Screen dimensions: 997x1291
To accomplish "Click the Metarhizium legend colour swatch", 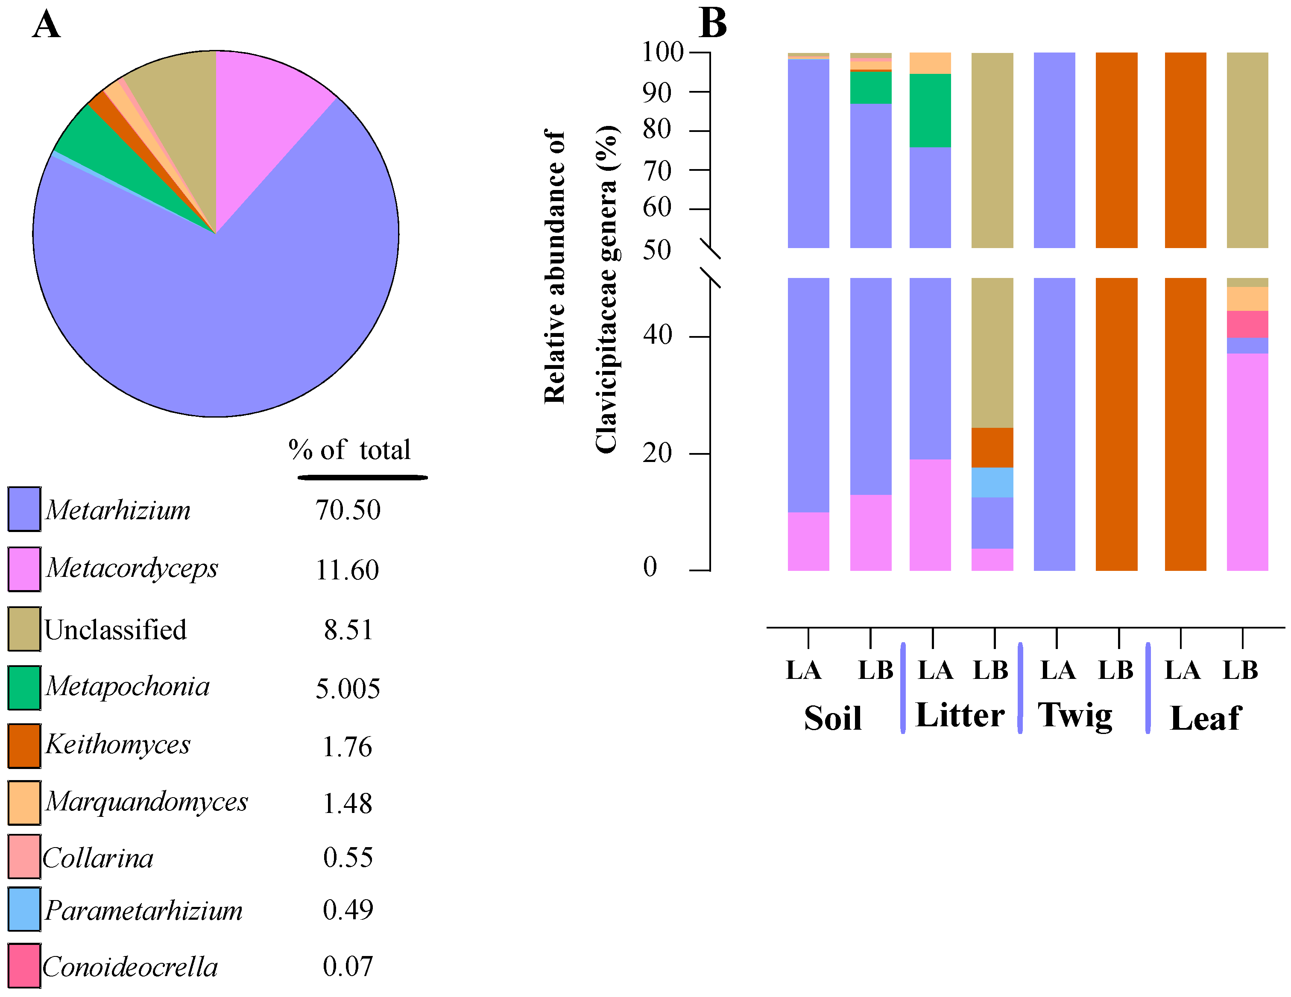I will [x=24, y=509].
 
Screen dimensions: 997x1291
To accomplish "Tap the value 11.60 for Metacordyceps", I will [x=347, y=570].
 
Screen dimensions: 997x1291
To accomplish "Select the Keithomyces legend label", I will [x=118, y=744].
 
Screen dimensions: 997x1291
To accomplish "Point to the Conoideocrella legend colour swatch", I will [x=24, y=966].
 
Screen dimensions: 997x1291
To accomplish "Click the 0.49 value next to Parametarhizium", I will [x=348, y=909].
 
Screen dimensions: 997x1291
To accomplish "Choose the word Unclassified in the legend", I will [x=116, y=629].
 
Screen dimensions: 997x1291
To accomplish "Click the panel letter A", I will [x=46, y=25].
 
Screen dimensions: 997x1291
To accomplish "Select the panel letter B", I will [x=713, y=23].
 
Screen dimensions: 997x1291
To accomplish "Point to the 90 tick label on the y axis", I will [x=657, y=93].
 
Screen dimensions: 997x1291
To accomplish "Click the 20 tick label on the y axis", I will [x=657, y=453].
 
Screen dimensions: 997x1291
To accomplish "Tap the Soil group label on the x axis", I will [x=832, y=718].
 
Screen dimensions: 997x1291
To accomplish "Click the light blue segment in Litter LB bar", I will [x=992, y=482].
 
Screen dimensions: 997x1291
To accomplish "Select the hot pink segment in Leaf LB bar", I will [x=1247, y=324].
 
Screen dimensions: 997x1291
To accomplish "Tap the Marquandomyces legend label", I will [x=146, y=801].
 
